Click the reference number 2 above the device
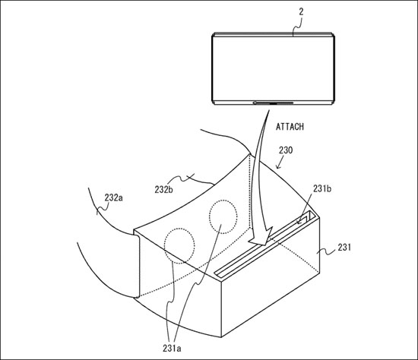(301, 12)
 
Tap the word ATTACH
(290, 127)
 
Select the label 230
(286, 150)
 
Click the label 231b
(322, 188)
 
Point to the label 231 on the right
(344, 248)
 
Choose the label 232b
(163, 189)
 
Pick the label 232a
(113, 197)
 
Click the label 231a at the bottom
(172, 348)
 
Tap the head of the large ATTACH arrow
(261, 237)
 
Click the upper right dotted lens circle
(223, 217)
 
